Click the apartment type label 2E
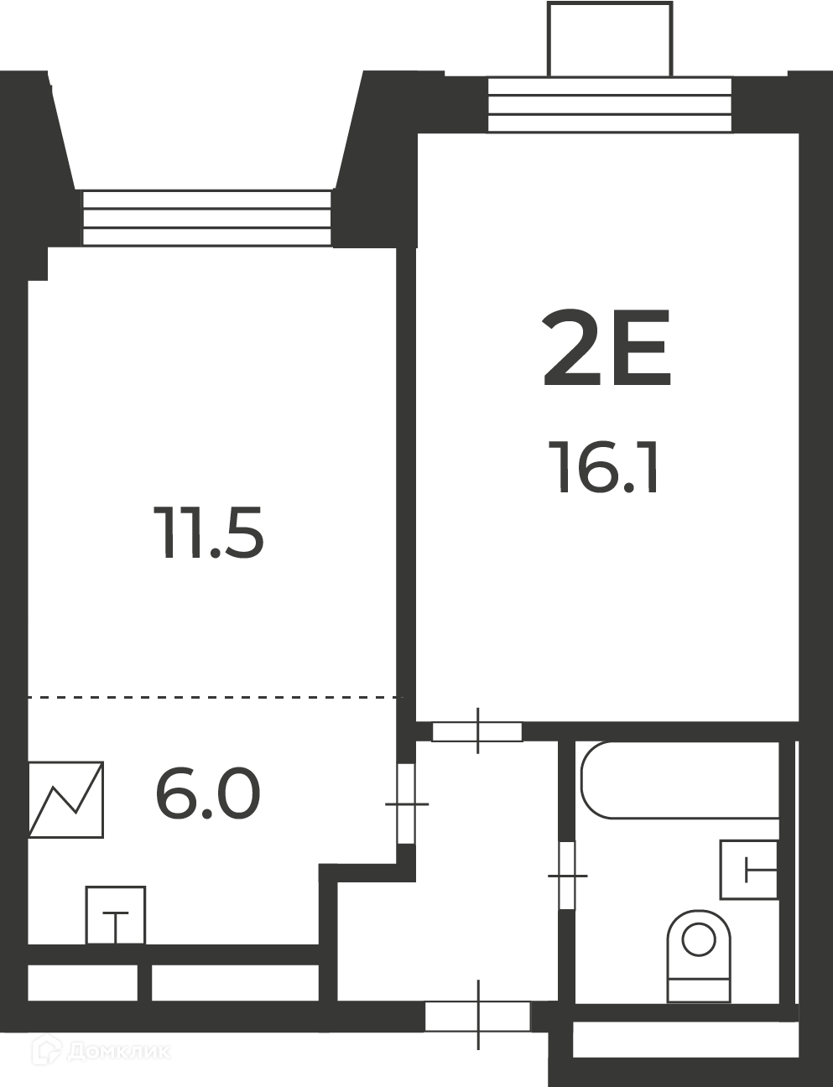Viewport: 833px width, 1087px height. coord(606,348)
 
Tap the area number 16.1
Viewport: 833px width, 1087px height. coord(603,468)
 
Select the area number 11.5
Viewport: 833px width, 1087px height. coord(208,533)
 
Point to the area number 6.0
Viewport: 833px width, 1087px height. coord(208,794)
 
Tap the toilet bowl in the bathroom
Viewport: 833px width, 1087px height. coord(699,956)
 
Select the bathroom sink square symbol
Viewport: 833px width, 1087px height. coord(749,870)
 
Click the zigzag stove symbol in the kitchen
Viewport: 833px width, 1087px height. coord(66,799)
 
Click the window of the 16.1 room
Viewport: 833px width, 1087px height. coord(610,105)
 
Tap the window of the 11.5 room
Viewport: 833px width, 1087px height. coord(206,217)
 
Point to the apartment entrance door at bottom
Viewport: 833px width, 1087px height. coord(478,1016)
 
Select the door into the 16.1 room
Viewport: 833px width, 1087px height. coord(477,732)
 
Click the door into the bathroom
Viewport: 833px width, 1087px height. coord(567,876)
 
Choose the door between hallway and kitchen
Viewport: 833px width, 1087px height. coord(406,804)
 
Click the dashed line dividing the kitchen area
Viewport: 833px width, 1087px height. coord(215,697)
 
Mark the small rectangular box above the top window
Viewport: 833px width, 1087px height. coord(610,39)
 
